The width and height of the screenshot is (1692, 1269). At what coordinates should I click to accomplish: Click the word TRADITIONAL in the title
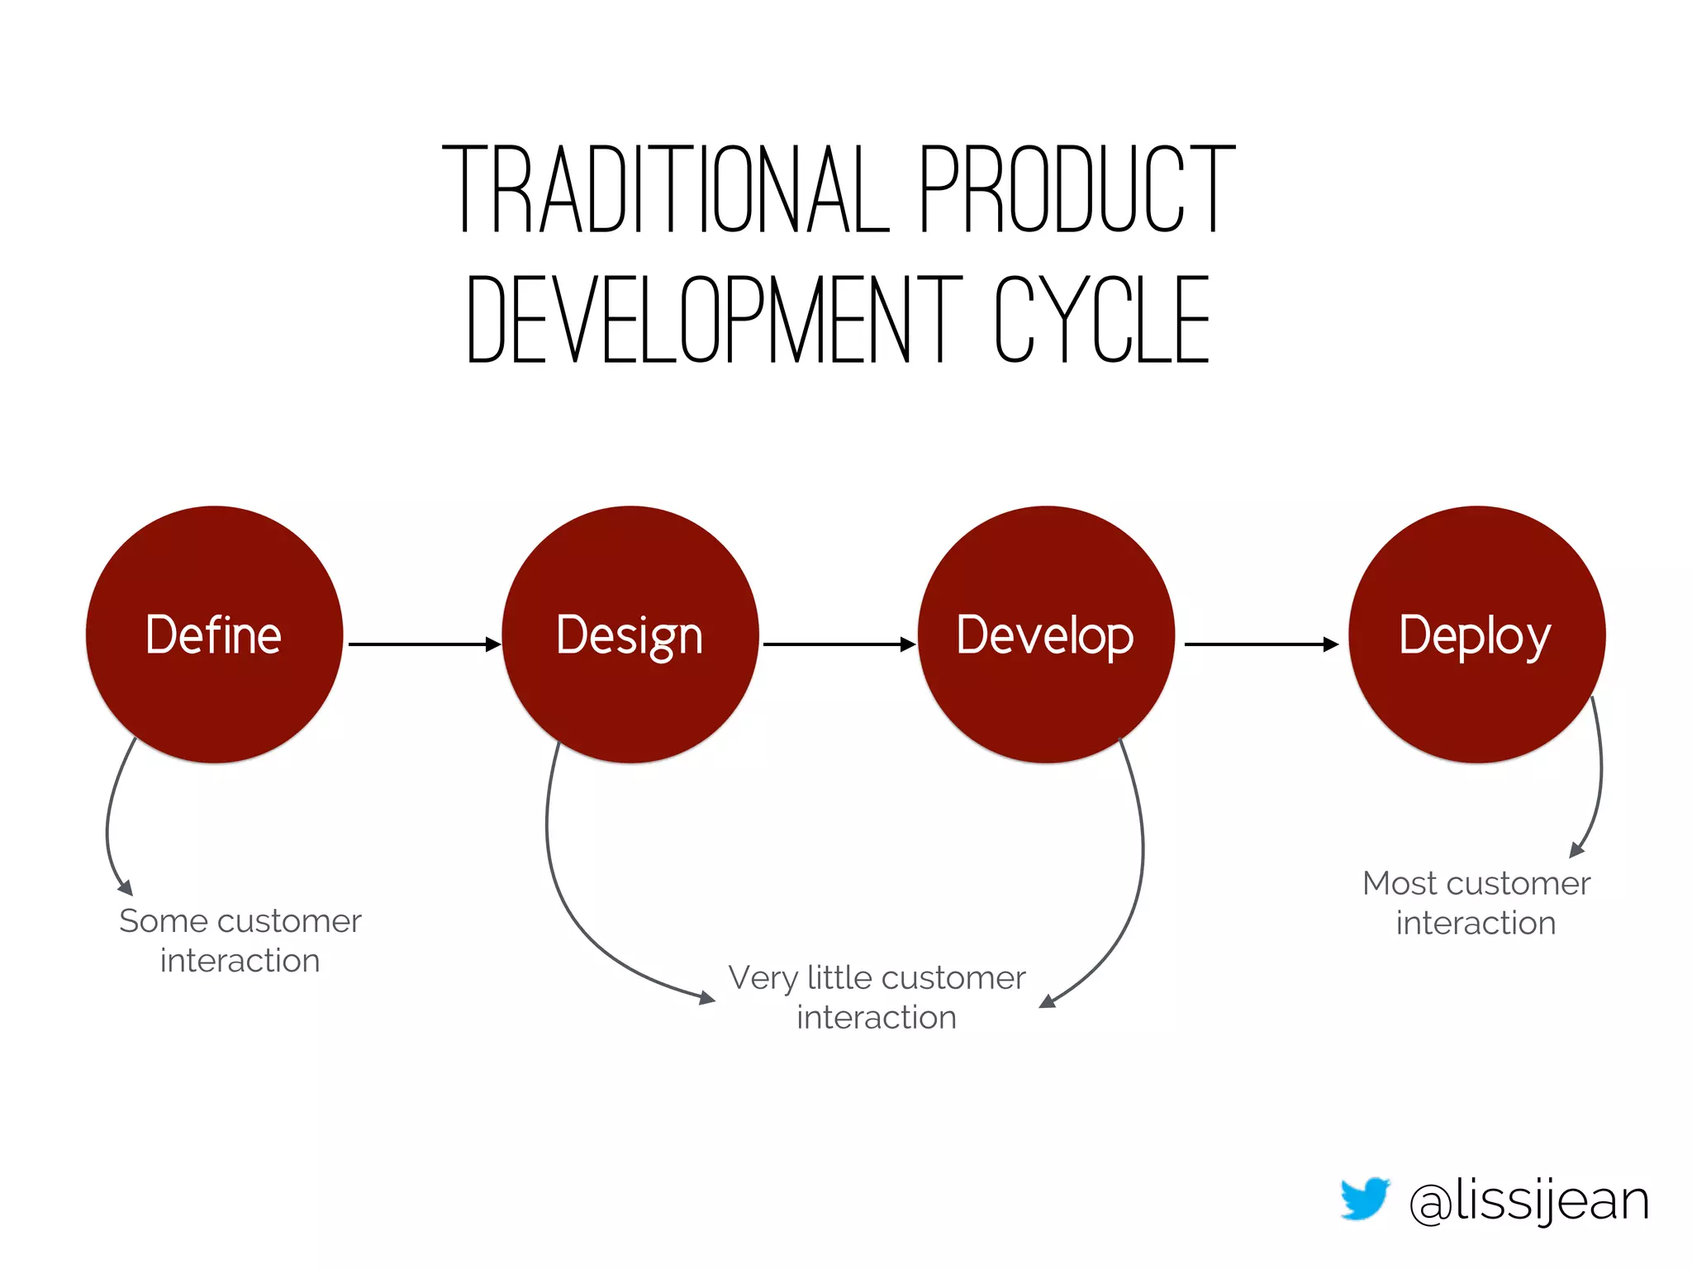pyautogui.click(x=665, y=189)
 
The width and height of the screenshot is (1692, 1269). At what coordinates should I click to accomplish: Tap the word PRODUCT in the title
pyautogui.click(x=1077, y=189)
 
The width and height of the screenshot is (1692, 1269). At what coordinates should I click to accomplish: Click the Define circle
pyautogui.click(x=214, y=634)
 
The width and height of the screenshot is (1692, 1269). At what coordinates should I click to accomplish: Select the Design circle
pyautogui.click(x=630, y=634)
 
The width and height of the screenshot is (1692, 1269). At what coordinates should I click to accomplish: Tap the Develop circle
pyautogui.click(x=1045, y=634)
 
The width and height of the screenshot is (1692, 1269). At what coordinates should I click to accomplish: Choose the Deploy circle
pyautogui.click(x=1476, y=634)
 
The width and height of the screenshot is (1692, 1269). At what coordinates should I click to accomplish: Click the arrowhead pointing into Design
pyautogui.click(x=493, y=644)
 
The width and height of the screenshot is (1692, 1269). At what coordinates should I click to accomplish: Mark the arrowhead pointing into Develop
pyautogui.click(x=908, y=644)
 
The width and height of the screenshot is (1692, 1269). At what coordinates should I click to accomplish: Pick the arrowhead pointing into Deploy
pyautogui.click(x=1331, y=644)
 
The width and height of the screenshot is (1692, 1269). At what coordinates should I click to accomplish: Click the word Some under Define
pyautogui.click(x=163, y=921)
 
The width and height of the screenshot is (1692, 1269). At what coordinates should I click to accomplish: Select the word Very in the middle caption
pyautogui.click(x=763, y=979)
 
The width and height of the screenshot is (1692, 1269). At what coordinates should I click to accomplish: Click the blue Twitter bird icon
pyautogui.click(x=1364, y=1198)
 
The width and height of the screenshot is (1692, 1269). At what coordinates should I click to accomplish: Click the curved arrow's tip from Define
pyautogui.click(x=126, y=888)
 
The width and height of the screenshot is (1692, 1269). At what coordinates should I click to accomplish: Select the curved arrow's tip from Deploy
pyautogui.click(x=1576, y=850)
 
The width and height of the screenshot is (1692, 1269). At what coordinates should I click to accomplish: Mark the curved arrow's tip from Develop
pyautogui.click(x=1047, y=1001)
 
